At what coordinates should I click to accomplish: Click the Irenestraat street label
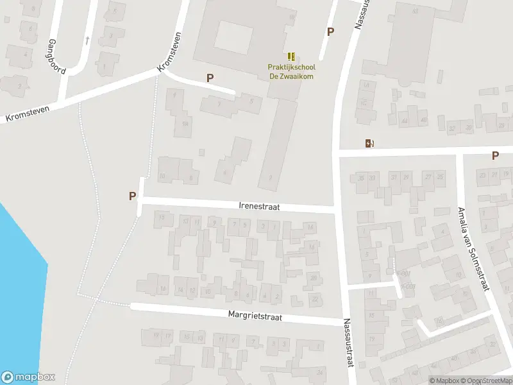click(259, 207)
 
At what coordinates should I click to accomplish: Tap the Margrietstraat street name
click(255, 316)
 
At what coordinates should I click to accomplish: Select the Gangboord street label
click(56, 56)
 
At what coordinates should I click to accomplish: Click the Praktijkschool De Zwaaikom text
click(292, 71)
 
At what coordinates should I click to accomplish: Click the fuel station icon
click(369, 143)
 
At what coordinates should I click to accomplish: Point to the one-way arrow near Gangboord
click(87, 40)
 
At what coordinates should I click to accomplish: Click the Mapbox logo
click(28, 377)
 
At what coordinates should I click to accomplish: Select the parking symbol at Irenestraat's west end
click(132, 196)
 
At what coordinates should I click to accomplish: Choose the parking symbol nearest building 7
click(210, 78)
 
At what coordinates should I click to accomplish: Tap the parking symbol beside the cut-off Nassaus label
click(330, 31)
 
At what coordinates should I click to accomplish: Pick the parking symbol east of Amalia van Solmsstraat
click(495, 155)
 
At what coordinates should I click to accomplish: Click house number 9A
click(186, 123)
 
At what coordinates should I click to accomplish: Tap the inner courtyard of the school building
click(232, 37)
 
